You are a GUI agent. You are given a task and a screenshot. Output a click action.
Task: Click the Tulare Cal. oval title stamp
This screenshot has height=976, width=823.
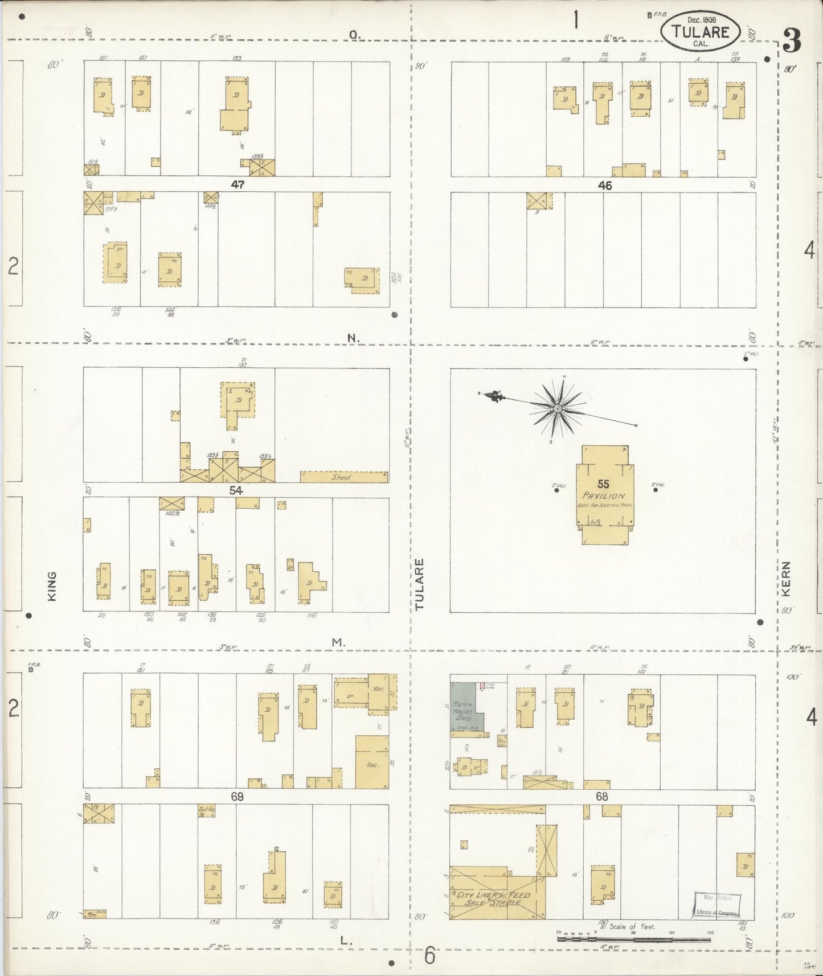pos(701,30)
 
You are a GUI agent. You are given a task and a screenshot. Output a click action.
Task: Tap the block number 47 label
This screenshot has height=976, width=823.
pos(238,184)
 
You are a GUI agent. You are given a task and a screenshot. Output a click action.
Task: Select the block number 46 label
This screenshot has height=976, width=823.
pos(604,186)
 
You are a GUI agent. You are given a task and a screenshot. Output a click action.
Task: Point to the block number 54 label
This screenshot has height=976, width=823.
pos(236,490)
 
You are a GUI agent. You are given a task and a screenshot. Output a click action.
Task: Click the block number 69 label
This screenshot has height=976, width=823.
pos(237,797)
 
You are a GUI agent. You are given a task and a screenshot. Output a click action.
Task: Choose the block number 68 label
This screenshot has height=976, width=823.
pos(602,797)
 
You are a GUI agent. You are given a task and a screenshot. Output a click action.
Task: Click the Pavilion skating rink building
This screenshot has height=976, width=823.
pos(604,495)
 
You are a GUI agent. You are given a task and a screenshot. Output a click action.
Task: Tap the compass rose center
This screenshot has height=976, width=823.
pos(558,408)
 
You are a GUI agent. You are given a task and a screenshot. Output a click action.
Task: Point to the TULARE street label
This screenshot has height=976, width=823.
pos(420,584)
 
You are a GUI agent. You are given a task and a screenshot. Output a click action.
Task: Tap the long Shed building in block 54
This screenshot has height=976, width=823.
pos(344,477)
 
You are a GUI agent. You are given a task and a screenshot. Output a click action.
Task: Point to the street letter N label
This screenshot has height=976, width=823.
pos(354,338)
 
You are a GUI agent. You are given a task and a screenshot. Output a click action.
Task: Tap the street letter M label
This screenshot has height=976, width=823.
pos(338,642)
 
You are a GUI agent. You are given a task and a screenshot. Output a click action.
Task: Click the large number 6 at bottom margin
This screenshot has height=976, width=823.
pos(430,954)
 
